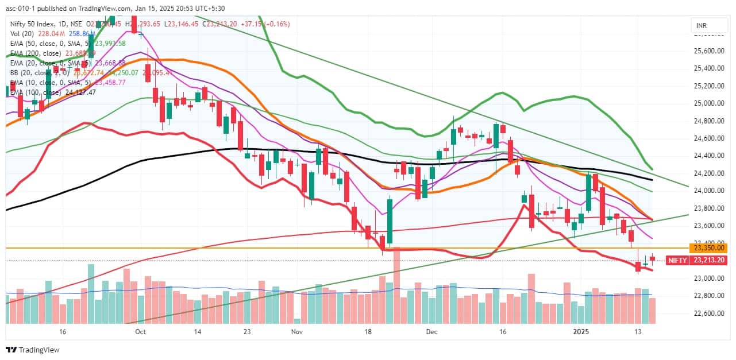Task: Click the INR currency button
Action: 701,26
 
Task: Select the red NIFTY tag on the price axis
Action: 677,260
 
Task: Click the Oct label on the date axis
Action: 141,332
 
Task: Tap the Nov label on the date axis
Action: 297,332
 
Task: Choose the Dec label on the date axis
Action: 433,332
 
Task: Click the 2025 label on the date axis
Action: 583,332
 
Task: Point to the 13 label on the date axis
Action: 638,332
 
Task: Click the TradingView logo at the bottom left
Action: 33,350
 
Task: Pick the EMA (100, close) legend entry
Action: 36,92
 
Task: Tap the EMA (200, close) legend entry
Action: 36,53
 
